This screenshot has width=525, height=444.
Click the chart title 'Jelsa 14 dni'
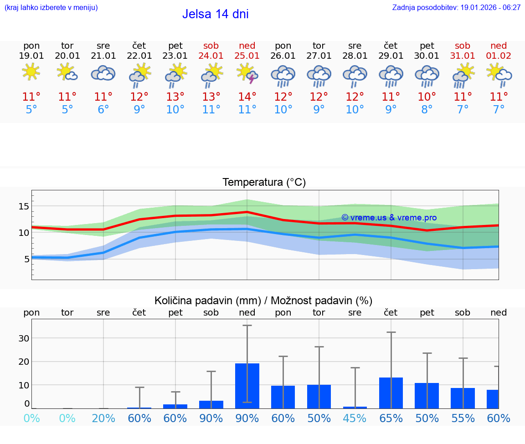215,14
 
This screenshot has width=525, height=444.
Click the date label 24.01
211,56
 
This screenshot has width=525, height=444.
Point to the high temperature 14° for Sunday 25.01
247,97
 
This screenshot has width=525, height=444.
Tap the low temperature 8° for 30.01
427,110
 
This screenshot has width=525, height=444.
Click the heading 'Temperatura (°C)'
264,183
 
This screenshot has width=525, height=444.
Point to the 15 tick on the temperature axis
24,206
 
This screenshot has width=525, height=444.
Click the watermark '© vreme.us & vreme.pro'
389,218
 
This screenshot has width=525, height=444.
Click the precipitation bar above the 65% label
391,393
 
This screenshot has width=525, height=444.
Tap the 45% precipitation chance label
355,418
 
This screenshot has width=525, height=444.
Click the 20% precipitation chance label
103,418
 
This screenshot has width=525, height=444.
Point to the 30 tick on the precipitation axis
24,338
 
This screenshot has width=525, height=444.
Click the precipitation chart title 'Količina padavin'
263,301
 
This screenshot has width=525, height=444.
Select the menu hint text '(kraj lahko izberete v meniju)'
51,7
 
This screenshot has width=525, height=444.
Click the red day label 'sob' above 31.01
463,46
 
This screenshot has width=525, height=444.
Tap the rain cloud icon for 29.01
391,76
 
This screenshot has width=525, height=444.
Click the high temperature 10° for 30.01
427,97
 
